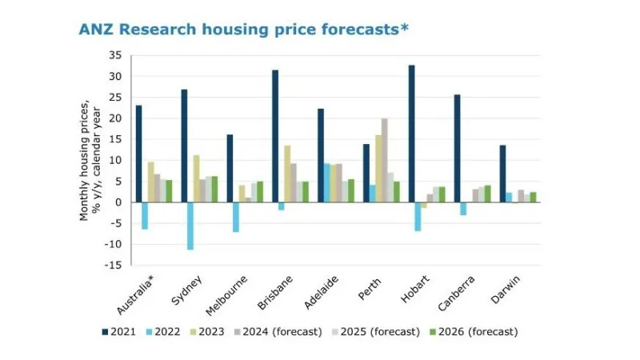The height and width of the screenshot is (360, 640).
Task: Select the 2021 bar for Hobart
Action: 411,134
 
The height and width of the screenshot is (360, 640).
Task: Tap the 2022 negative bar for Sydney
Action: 190,226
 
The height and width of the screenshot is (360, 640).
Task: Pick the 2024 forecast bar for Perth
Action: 384,160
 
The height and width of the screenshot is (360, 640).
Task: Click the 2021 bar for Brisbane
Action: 275,136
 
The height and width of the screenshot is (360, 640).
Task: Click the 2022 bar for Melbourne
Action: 236,217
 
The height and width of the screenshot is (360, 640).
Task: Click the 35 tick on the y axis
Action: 115,55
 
